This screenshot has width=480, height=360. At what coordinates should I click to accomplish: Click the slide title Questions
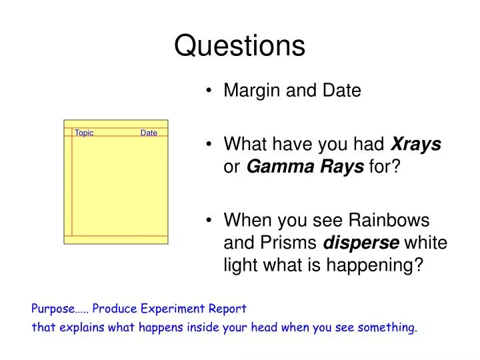pyautogui.click(x=240, y=46)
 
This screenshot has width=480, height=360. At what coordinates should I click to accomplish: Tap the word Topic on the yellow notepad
pyautogui.click(x=84, y=133)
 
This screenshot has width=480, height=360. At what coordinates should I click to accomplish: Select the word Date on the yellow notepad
pyautogui.click(x=149, y=133)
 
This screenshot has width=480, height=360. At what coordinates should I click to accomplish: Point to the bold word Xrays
pyautogui.click(x=416, y=144)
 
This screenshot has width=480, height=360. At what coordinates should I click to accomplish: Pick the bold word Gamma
pyautogui.click(x=281, y=167)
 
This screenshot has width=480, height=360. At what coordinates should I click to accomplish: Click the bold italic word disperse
pyautogui.click(x=361, y=243)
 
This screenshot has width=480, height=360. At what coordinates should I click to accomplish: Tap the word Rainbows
pyautogui.click(x=389, y=220)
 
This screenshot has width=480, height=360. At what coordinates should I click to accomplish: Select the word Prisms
pyautogui.click(x=289, y=243)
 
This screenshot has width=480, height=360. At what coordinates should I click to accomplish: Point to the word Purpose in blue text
pyautogui.click(x=53, y=309)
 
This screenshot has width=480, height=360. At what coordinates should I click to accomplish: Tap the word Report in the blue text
pyautogui.click(x=227, y=309)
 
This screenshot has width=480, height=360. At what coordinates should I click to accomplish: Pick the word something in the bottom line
pyautogui.click(x=387, y=328)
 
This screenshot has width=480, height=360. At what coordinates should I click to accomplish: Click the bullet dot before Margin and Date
pyautogui.click(x=209, y=90)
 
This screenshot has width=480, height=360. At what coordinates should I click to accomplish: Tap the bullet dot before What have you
pyautogui.click(x=209, y=144)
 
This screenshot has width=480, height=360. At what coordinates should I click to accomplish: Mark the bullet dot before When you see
pyautogui.click(x=209, y=220)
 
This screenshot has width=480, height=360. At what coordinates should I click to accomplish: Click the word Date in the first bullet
pyautogui.click(x=342, y=90)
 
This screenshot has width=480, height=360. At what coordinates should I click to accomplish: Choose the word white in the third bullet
pyautogui.click(x=426, y=243)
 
